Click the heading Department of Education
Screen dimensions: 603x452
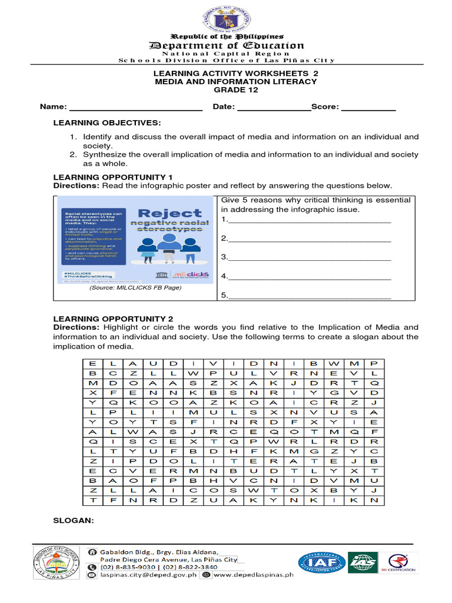pos(227,45)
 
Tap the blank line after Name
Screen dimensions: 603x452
pos(136,108)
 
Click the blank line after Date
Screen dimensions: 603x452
pos(273,108)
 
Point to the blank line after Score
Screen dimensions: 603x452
pos(368,108)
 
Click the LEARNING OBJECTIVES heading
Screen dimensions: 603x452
pos(107,122)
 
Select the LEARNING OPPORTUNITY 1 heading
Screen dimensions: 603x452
pos(113,177)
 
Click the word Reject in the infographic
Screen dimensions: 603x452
pos(161,213)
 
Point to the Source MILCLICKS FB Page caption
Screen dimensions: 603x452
pos(135,288)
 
